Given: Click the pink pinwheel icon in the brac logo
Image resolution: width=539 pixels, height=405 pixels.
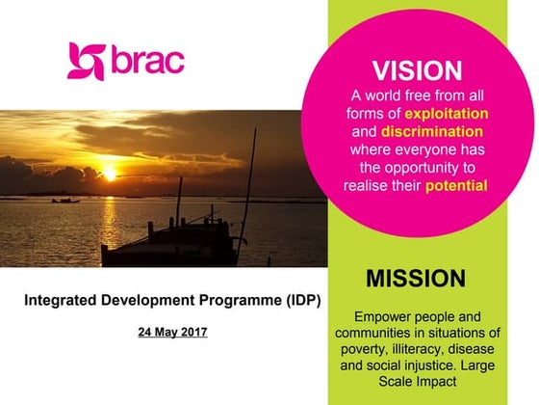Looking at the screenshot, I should pos(85,62).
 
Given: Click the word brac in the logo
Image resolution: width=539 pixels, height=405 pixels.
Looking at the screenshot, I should pos(145,61).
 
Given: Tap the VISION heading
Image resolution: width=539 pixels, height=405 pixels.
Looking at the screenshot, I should pos(417,70).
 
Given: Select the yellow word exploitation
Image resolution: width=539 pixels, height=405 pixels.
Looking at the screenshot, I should pos(442,114).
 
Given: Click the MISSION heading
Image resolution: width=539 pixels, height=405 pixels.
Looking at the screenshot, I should pos(417,280).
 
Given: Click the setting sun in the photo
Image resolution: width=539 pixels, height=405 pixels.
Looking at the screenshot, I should pos(109,175).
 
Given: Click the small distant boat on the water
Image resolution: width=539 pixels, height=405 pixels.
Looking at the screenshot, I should pos(65,200).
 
